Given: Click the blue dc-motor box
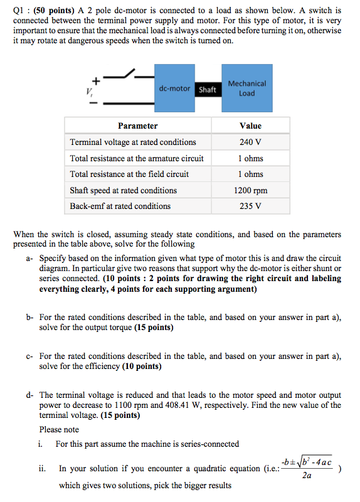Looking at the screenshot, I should [x=174, y=88].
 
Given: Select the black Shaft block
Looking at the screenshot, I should [x=207, y=90].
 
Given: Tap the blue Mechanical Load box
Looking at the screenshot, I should [x=246, y=88].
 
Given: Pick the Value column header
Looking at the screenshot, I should [x=250, y=125].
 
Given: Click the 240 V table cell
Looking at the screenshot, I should [x=250, y=142].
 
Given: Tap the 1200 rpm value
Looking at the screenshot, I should [x=250, y=190].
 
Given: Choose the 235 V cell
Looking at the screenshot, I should [x=250, y=206].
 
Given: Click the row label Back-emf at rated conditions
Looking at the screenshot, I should [x=120, y=206].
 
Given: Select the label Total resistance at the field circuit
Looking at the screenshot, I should [x=129, y=174].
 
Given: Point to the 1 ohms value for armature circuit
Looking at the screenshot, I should [x=250, y=158].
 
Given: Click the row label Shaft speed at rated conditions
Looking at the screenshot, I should [x=124, y=190].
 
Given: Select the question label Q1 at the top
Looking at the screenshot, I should [x=19, y=11].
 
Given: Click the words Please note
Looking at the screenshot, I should [x=59, y=430].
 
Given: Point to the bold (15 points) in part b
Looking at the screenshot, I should [x=149, y=328].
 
